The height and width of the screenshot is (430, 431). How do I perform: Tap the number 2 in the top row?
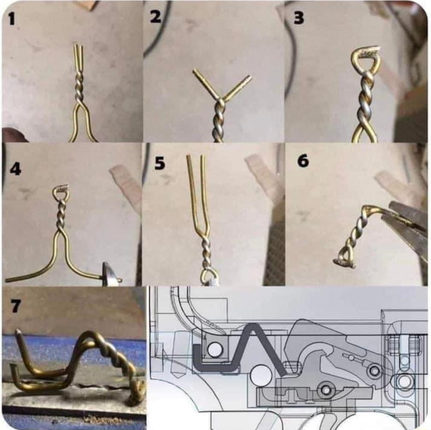tap(156, 17)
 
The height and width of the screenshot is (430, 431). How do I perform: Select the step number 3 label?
tap(299, 18)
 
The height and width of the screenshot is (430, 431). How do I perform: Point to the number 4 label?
tap(15, 169)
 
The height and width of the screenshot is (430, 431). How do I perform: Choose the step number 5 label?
tap(159, 163)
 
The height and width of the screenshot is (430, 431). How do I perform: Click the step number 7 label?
tap(15, 306)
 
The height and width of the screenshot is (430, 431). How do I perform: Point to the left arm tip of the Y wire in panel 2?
tap(195, 71)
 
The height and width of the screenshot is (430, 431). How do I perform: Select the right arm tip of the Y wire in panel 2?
tap(250, 77)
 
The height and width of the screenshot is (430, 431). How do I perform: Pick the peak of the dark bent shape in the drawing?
tap(253, 325)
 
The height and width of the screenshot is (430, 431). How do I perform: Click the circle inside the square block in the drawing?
tap(215, 349)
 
